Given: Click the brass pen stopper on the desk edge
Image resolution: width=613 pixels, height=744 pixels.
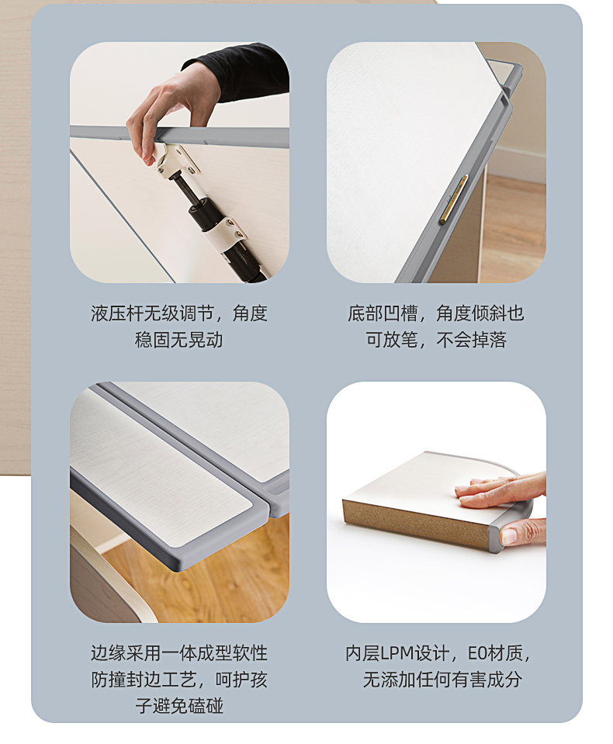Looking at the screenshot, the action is point(453,199).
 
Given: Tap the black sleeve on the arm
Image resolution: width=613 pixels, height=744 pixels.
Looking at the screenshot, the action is point(242,71).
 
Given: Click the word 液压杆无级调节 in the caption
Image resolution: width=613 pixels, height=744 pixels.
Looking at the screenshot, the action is point(153,313).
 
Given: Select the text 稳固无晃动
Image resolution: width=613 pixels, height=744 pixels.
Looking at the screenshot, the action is point(179,341).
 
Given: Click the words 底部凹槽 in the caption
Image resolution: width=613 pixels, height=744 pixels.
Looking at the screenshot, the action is point(383,313).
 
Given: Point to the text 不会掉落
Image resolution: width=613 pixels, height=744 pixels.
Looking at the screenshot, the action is point(472,341).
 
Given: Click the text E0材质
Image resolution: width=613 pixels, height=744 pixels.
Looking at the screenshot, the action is point(495,653).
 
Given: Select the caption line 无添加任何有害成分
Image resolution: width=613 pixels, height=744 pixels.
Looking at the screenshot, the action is point(442,680).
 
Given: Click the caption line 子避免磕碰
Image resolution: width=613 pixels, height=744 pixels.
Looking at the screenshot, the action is point(179,705).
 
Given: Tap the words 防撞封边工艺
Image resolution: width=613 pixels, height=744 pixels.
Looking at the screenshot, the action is point(144,680).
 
